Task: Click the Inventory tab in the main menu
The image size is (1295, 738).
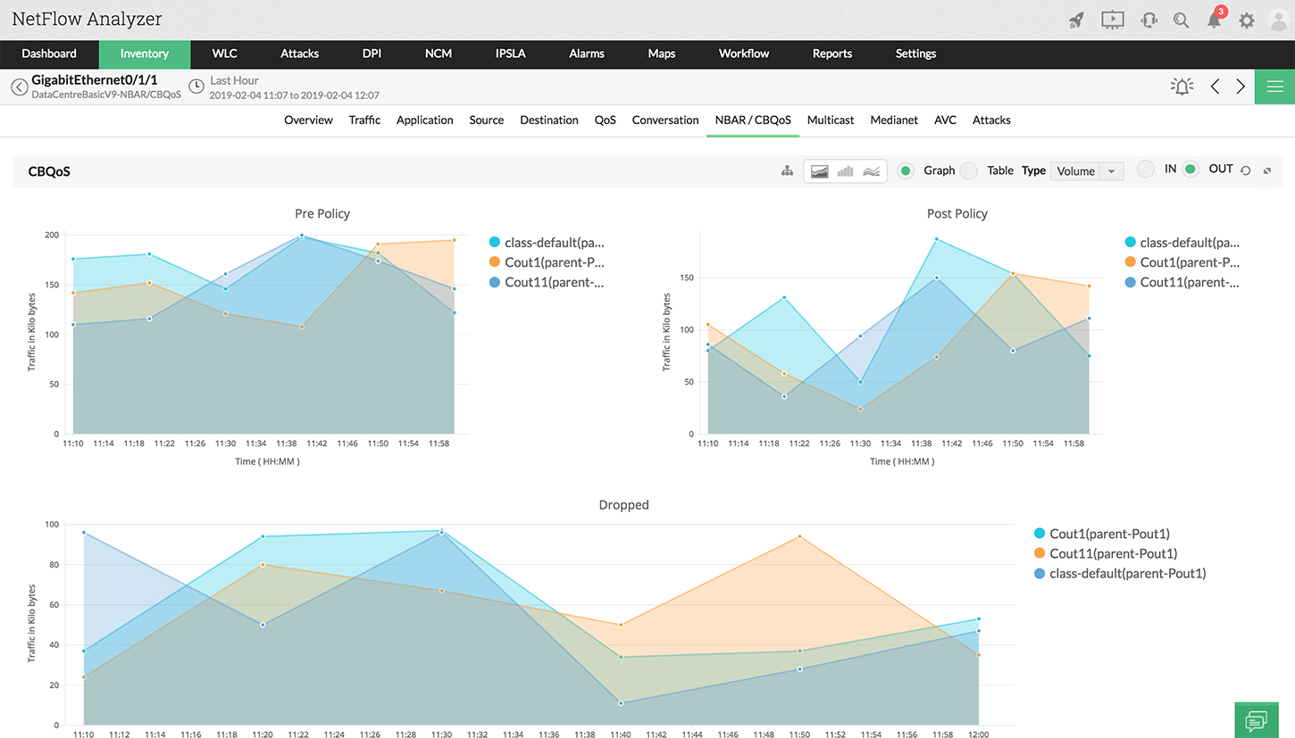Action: (x=144, y=54)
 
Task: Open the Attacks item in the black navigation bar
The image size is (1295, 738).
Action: (x=299, y=54)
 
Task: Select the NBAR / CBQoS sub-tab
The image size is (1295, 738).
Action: (x=752, y=120)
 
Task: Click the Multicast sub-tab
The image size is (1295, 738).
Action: (x=831, y=120)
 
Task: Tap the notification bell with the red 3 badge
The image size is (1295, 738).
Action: (x=1214, y=21)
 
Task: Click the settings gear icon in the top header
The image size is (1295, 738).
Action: (x=1246, y=21)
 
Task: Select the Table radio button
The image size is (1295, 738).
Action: (x=969, y=170)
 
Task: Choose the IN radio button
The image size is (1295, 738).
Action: (x=1146, y=170)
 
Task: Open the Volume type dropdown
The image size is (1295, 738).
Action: (x=1087, y=171)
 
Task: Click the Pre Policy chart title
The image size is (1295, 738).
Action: (x=322, y=214)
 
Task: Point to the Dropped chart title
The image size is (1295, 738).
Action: (x=623, y=505)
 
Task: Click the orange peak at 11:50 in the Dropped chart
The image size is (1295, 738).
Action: (x=799, y=536)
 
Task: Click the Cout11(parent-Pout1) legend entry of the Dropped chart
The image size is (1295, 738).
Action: (x=1113, y=554)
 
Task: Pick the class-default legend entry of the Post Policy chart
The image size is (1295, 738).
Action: (x=1189, y=243)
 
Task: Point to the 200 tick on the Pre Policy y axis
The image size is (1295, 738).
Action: (x=52, y=236)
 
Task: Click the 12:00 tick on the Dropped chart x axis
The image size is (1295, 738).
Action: (x=979, y=734)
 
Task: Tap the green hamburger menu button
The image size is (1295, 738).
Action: (x=1274, y=87)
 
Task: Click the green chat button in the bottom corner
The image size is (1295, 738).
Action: (x=1256, y=719)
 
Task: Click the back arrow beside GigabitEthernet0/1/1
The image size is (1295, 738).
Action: (x=19, y=87)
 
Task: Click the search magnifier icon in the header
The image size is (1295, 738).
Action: (x=1181, y=21)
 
